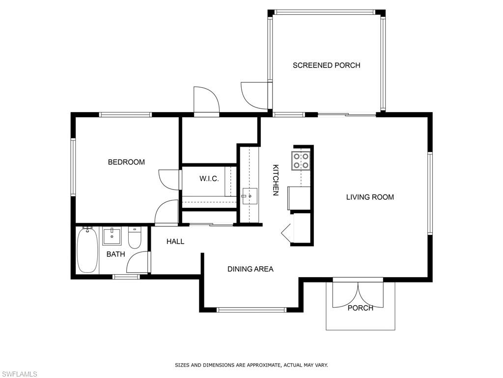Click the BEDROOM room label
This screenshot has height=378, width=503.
click(126, 162)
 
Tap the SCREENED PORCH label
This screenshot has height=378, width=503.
click(326, 65)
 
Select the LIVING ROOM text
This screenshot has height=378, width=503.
click(370, 197)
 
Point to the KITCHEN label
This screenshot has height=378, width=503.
click(276, 180)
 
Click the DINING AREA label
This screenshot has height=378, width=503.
click(250, 269)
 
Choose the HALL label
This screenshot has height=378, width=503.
click(175, 241)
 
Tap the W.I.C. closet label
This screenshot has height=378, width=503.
click(209, 179)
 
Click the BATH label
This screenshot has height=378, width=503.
click(115, 254)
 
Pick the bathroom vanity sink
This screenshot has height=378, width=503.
click(112, 236)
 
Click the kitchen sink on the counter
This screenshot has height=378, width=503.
click(250, 196)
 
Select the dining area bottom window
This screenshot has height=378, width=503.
click(251, 310)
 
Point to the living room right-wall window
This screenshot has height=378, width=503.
click(430, 193)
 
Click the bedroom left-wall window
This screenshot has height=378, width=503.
click(73, 167)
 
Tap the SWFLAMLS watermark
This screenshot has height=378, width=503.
click(19, 374)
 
